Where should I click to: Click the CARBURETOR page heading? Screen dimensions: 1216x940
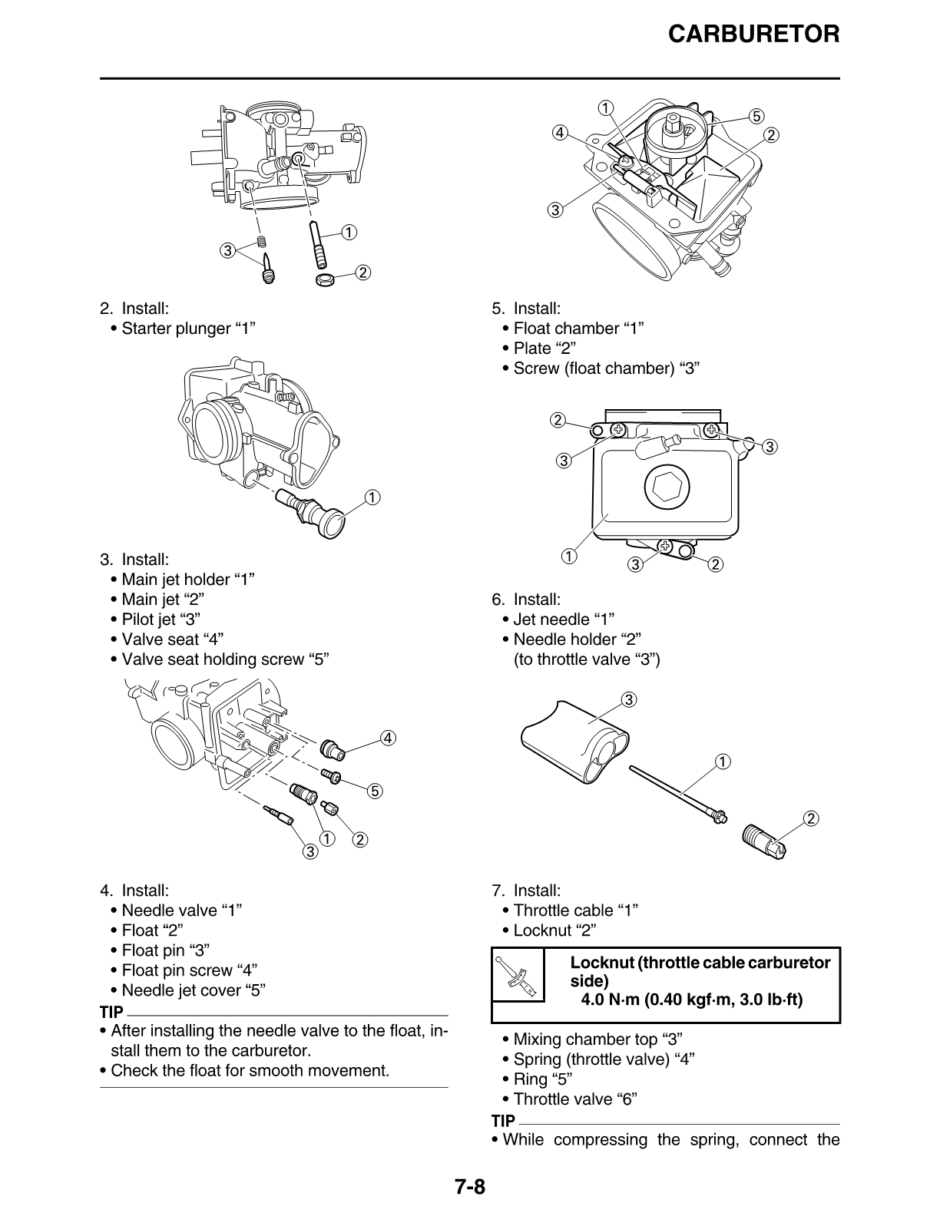(x=753, y=34)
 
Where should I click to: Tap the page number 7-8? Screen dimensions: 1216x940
(x=469, y=1187)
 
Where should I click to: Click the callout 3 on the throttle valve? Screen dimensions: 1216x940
(x=628, y=699)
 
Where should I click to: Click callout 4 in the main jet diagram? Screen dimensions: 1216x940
(x=388, y=739)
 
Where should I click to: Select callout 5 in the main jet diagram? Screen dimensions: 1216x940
(x=376, y=791)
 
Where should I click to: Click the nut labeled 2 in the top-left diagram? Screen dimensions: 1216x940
(x=325, y=277)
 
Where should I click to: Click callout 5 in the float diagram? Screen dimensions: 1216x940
(x=756, y=117)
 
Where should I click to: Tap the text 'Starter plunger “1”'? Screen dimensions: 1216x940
(x=188, y=329)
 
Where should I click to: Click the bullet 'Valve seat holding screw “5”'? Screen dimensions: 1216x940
(x=225, y=659)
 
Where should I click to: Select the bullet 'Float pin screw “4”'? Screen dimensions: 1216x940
(x=189, y=970)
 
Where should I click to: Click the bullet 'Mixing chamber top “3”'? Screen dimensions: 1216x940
(x=597, y=1039)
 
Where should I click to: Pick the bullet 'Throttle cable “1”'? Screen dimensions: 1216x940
(x=575, y=910)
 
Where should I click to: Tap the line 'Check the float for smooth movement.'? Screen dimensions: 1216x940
(x=250, y=1070)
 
